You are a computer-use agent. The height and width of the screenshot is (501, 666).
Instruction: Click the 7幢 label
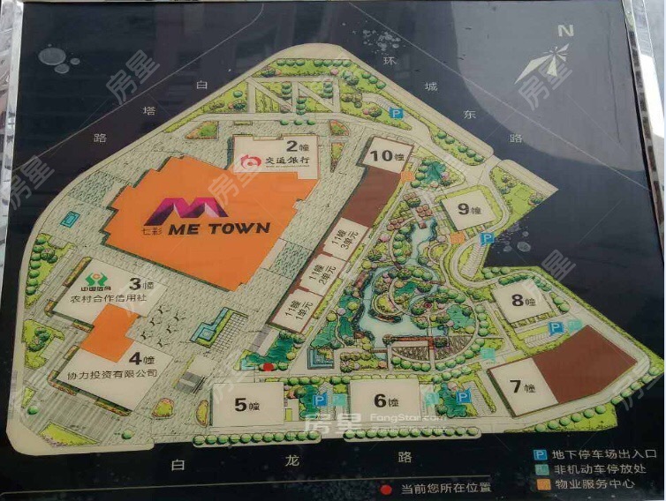(524, 385)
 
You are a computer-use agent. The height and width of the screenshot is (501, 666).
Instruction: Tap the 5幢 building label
(246, 405)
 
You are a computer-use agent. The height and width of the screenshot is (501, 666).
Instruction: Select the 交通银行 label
(280, 161)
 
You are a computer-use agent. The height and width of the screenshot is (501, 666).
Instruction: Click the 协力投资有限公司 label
(113, 373)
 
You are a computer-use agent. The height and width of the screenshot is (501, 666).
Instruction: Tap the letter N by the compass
(565, 31)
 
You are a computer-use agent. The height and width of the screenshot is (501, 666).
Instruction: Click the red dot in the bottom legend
(385, 487)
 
